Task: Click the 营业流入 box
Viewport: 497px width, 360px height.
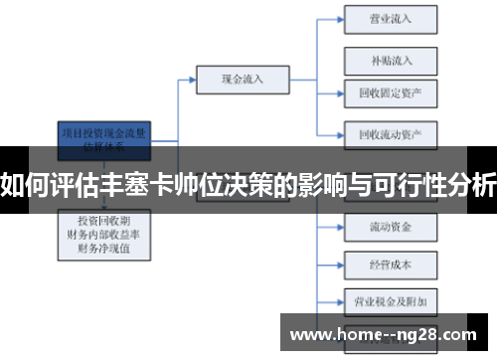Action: pos(391,18)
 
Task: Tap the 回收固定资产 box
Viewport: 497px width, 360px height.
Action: pos(391,93)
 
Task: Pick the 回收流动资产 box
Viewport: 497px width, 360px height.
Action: pos(391,133)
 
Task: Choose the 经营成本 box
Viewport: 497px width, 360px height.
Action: pos(391,265)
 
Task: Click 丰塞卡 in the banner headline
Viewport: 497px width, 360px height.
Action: pos(159,182)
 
